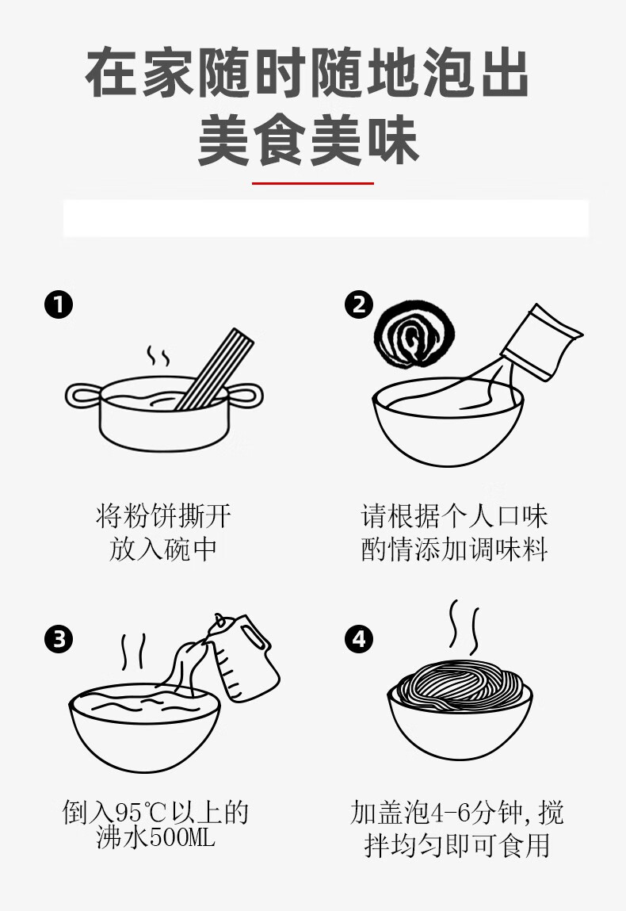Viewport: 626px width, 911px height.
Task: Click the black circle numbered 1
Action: point(59,304)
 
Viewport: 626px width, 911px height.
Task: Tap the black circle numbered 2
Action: point(359,304)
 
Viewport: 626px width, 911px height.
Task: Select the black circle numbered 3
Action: point(59,639)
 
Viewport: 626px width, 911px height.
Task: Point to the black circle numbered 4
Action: point(359,639)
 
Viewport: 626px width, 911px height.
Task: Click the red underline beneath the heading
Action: point(312,183)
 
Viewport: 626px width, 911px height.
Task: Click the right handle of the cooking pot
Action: point(246,396)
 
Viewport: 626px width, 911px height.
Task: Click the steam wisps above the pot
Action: point(158,355)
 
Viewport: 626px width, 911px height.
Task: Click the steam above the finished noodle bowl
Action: point(464,628)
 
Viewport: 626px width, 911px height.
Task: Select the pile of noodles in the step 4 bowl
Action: point(460,686)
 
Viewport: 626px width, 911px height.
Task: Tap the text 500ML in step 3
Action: point(182,837)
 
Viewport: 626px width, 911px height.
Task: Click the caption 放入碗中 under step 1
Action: point(163,549)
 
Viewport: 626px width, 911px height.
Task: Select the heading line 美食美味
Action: point(308,140)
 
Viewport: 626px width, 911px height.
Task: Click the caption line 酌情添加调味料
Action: point(454,549)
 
